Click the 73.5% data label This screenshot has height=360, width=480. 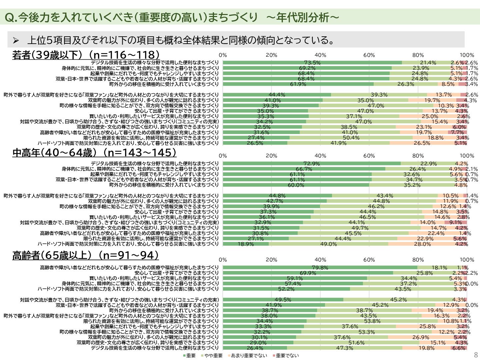(312, 63)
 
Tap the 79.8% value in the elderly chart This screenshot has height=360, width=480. (320, 268)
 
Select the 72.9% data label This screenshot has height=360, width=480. (312, 164)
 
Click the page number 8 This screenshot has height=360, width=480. (476, 355)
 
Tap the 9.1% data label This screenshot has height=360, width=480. (456, 223)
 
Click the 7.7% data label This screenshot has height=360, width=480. (458, 132)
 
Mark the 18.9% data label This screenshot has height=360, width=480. (246, 244)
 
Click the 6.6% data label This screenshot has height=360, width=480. (459, 348)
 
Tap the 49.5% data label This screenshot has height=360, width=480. (283, 300)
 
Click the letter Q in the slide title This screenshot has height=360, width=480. (9, 18)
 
